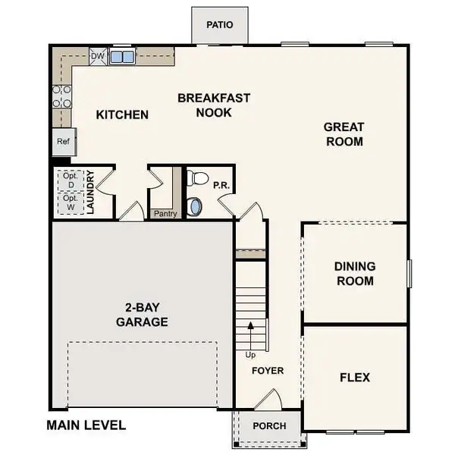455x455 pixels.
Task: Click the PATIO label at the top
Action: click(x=220, y=25)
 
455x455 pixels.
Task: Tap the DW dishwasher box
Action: click(x=97, y=56)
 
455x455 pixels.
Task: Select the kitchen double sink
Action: click(x=121, y=57)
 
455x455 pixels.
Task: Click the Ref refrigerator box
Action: click(x=62, y=142)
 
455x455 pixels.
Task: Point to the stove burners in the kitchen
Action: click(x=61, y=96)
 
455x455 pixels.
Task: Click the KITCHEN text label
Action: click(x=122, y=115)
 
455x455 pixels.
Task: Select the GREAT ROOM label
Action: click(x=344, y=134)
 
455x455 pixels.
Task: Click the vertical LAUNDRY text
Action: click(x=89, y=193)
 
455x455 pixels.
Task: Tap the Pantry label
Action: click(x=165, y=214)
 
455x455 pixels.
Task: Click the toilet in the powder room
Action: click(x=197, y=179)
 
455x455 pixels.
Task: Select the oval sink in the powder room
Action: click(x=195, y=206)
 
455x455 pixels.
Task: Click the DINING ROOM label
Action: click(x=354, y=274)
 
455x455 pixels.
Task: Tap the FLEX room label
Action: click(x=354, y=377)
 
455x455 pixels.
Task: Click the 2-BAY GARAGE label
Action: click(x=142, y=315)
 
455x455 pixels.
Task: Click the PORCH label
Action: click(x=269, y=425)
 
